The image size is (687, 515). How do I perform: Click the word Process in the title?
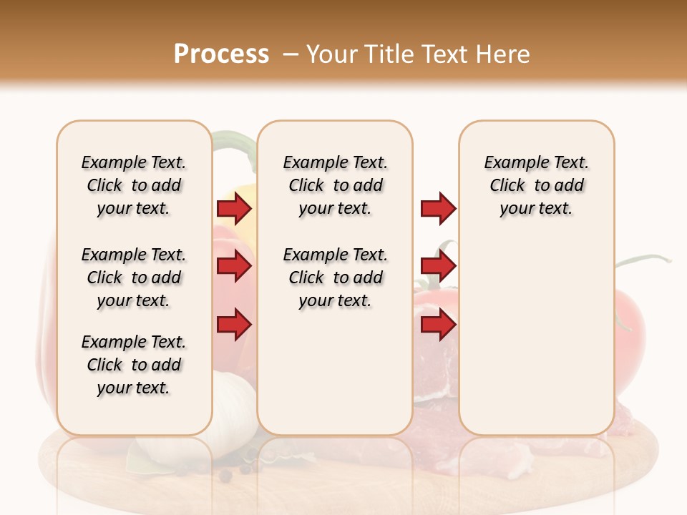pos(221,54)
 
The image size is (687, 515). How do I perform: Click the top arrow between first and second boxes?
pos(234,209)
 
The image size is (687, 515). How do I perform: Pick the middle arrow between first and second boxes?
pos(234,267)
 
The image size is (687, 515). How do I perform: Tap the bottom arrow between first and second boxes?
pos(234,325)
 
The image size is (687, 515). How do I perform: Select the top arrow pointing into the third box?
pos(438,209)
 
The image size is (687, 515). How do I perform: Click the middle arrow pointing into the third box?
pos(438,267)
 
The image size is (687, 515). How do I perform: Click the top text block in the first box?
pos(134,185)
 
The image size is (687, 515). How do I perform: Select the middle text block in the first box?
pos(134,278)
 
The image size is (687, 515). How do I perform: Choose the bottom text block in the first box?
pos(134,365)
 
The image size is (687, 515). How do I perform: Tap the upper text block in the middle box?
pos(335,185)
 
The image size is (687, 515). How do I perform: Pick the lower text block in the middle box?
pos(335,278)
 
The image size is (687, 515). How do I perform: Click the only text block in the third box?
pos(536,185)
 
